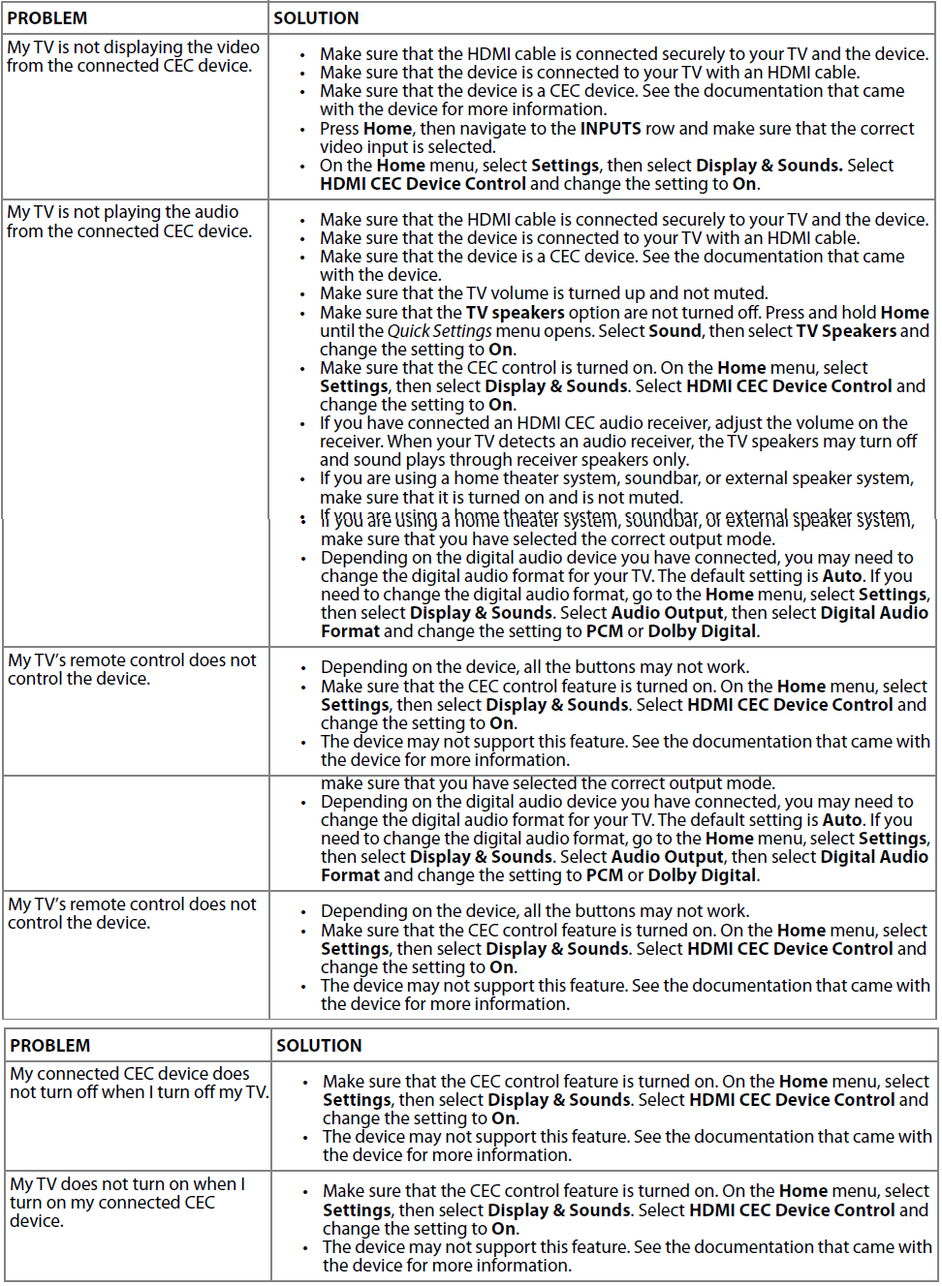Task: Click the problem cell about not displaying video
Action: (133, 56)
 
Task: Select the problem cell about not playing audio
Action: (129, 222)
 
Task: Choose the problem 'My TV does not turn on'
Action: (127, 1202)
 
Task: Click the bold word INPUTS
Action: (611, 129)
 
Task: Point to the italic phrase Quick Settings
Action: (440, 331)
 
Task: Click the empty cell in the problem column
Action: (136, 832)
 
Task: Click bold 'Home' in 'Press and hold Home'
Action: (904, 313)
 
